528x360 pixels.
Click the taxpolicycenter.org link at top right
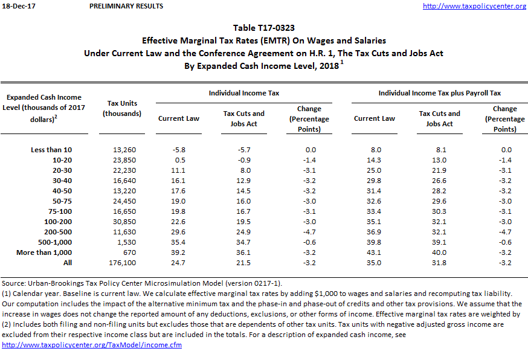pos(474,6)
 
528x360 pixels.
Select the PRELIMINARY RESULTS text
pos(126,6)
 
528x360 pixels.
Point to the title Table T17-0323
pos(263,28)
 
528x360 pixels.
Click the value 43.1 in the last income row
pos(375,252)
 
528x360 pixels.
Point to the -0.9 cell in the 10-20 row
pos(244,159)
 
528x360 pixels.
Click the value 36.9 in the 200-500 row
pos(375,232)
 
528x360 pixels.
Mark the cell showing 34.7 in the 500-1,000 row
pos(244,242)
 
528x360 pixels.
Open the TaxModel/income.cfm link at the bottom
pos(92,345)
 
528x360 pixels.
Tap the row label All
pos(67,263)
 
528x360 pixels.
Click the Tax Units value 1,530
pos(124,242)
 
